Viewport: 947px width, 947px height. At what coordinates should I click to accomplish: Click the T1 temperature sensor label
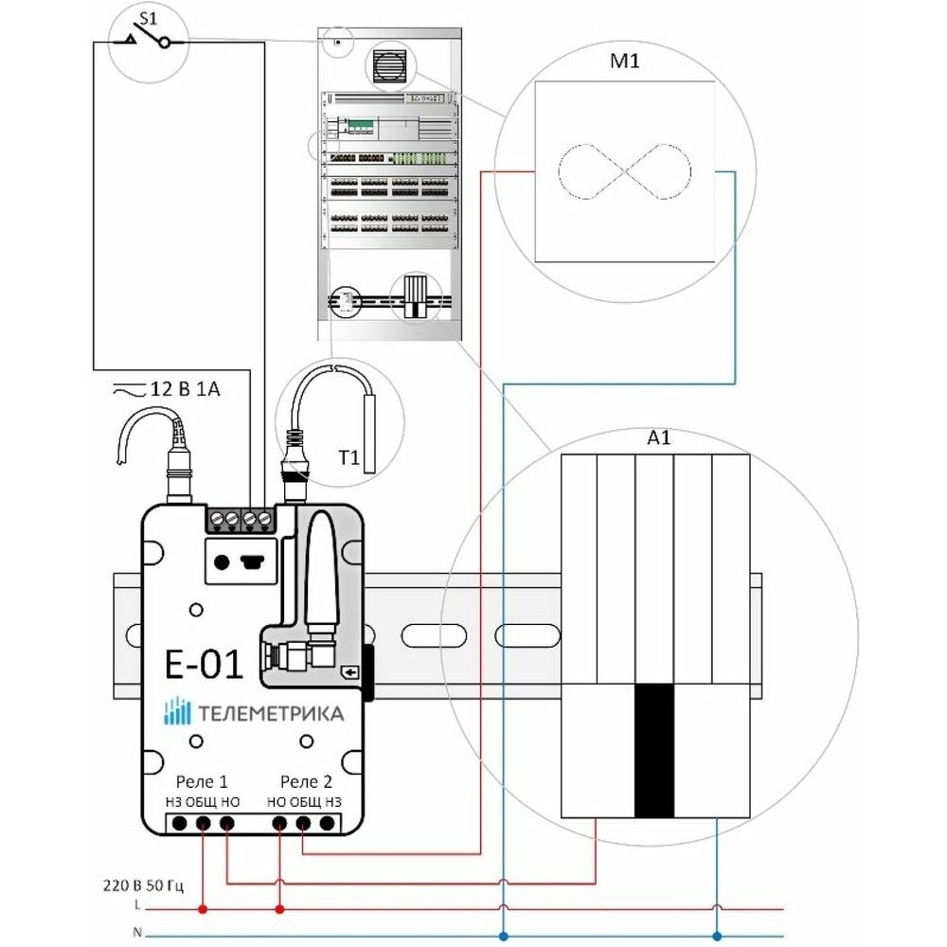(x=348, y=458)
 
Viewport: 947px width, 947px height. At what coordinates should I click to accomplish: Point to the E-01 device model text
(x=204, y=664)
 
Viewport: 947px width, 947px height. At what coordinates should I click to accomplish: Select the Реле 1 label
(x=202, y=782)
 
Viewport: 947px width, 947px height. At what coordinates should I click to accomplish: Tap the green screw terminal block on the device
(x=240, y=518)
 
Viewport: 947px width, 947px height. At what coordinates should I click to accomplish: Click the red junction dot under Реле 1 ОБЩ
(x=203, y=910)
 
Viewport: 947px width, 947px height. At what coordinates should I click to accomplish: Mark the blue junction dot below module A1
(x=716, y=933)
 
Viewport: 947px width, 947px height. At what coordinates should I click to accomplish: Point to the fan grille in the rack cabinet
(x=387, y=66)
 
